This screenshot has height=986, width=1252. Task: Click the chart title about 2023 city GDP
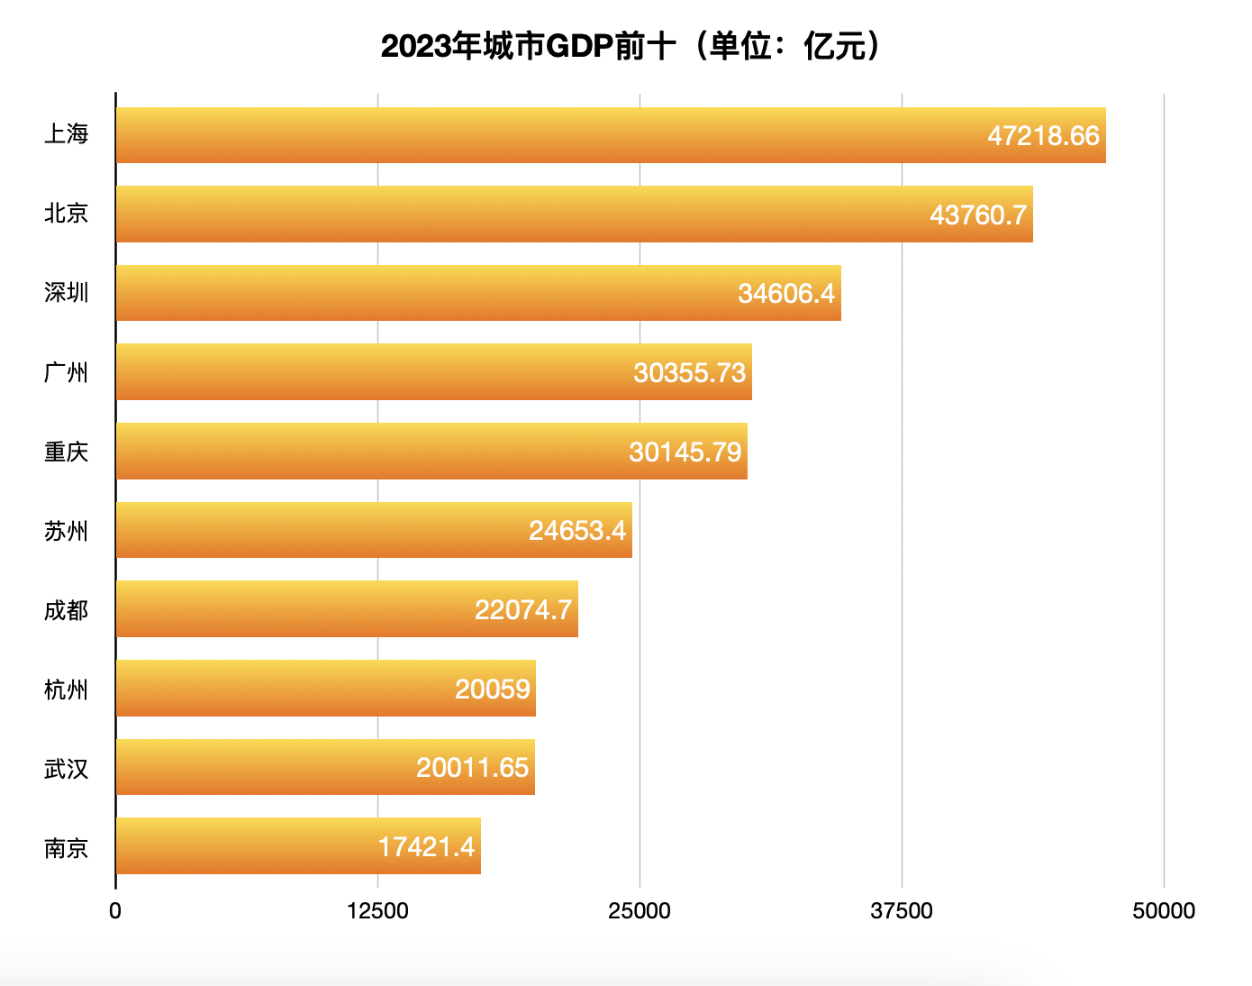[x=630, y=46]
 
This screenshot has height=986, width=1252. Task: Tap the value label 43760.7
[x=978, y=215]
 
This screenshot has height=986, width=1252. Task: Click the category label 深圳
[x=67, y=293]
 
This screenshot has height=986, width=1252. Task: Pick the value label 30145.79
[x=685, y=452]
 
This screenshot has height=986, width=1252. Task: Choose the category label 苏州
[x=67, y=531]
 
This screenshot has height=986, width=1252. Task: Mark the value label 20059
[x=493, y=689]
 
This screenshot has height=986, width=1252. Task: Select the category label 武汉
[x=67, y=769]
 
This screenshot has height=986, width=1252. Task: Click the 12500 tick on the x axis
[x=377, y=911]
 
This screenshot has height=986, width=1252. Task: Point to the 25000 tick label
[x=640, y=911]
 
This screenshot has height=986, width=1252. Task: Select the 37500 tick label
[x=902, y=911]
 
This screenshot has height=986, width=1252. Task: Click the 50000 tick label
[x=1164, y=911]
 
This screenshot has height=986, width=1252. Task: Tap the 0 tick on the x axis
[x=115, y=911]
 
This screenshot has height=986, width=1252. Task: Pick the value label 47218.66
[x=1043, y=136]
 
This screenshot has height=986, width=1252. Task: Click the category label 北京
[x=67, y=214]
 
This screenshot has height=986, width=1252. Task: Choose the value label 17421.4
[x=426, y=847]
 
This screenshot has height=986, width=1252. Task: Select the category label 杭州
[x=67, y=689]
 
